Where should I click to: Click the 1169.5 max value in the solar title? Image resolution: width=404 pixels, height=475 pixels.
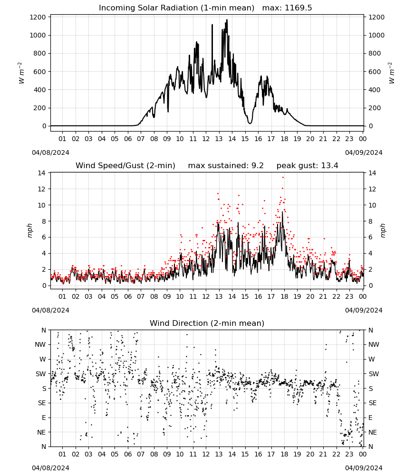(x=298, y=8)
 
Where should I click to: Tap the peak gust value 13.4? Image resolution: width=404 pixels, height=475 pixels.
(x=328, y=166)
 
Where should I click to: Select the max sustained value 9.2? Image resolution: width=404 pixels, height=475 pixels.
(x=258, y=166)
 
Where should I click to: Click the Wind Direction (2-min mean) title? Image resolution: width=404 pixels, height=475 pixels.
(x=207, y=323)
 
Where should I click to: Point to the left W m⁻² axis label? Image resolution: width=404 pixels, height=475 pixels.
(x=20, y=73)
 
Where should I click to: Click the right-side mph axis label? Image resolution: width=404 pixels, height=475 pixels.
(x=383, y=231)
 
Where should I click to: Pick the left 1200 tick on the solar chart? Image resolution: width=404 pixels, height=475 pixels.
(x=38, y=17)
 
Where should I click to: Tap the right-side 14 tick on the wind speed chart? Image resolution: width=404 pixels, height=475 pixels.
(x=372, y=173)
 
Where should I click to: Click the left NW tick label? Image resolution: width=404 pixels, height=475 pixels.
(x=40, y=345)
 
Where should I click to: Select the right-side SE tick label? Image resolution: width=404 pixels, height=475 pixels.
(x=373, y=403)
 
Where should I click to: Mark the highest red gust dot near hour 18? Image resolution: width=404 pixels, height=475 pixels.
(x=283, y=178)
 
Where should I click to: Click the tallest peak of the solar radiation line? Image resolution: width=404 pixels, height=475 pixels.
(x=227, y=20)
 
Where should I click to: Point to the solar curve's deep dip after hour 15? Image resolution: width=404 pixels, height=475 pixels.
(x=250, y=123)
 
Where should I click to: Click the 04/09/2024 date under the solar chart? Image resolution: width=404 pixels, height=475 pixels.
(x=364, y=152)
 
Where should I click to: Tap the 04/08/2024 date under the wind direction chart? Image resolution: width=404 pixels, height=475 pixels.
(x=50, y=468)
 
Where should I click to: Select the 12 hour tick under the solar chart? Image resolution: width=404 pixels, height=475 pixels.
(x=206, y=139)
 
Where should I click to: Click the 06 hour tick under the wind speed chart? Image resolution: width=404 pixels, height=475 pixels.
(x=128, y=296)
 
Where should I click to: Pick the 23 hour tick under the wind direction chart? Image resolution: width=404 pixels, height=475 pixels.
(x=349, y=455)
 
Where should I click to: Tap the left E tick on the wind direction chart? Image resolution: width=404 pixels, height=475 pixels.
(x=44, y=418)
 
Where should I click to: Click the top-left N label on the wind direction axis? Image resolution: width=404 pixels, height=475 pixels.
(x=44, y=331)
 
